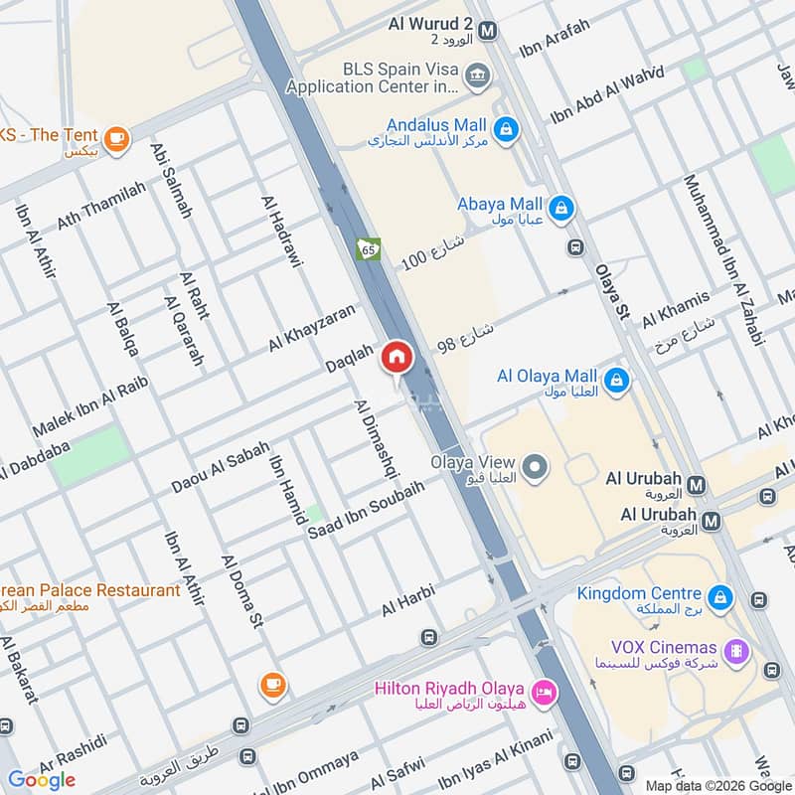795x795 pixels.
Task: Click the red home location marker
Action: coord(397,357)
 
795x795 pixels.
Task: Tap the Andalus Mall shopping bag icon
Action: coord(506,128)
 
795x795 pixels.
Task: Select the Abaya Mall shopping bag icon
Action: coord(560,208)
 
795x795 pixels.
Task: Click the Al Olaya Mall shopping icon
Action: coord(616,380)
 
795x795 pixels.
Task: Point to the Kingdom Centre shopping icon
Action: coord(720,597)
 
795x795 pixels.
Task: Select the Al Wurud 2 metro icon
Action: coord(487,31)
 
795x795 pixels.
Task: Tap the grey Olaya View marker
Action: coord(536,466)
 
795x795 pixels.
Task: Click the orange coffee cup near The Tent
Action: coord(116,139)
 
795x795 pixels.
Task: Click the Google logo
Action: coord(42,780)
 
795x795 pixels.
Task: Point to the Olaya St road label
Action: coord(613,291)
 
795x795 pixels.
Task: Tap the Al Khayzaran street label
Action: coord(311,327)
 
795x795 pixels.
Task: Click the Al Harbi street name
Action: coord(409,599)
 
